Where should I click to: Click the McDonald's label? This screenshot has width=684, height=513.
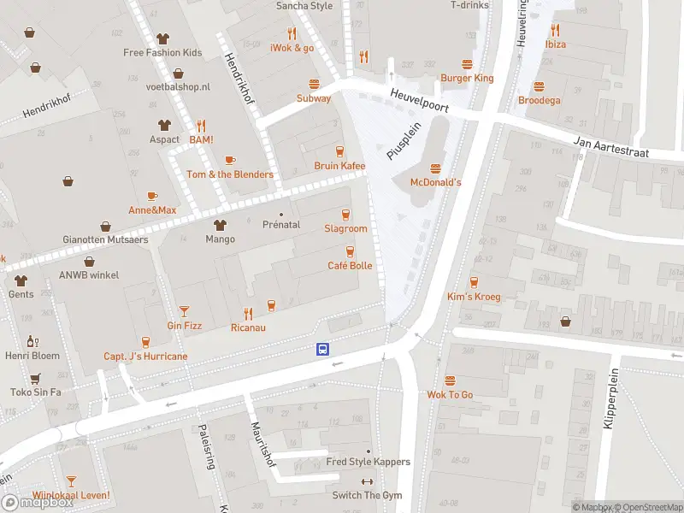click(x=436, y=182)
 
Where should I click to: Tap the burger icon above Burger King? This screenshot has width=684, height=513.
click(x=467, y=64)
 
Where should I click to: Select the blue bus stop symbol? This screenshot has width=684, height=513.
click(x=323, y=349)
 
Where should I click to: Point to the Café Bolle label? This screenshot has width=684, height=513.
click(x=350, y=266)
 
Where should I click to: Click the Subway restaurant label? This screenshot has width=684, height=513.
click(x=314, y=98)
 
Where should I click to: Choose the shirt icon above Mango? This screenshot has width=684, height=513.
click(x=220, y=225)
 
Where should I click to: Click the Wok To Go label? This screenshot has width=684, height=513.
click(x=450, y=395)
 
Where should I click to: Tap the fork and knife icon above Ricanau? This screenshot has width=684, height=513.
click(x=248, y=313)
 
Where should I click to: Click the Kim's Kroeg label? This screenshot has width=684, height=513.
click(x=473, y=297)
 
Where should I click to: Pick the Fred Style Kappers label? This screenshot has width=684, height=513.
click(x=369, y=462)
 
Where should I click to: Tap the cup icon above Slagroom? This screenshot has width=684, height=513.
click(x=345, y=215)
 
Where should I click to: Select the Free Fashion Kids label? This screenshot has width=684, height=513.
click(x=162, y=52)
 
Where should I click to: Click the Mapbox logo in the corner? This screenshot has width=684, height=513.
click(x=38, y=502)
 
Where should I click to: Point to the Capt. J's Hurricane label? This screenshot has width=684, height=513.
click(x=145, y=357)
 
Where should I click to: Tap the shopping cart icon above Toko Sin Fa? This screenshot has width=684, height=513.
click(x=35, y=378)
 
